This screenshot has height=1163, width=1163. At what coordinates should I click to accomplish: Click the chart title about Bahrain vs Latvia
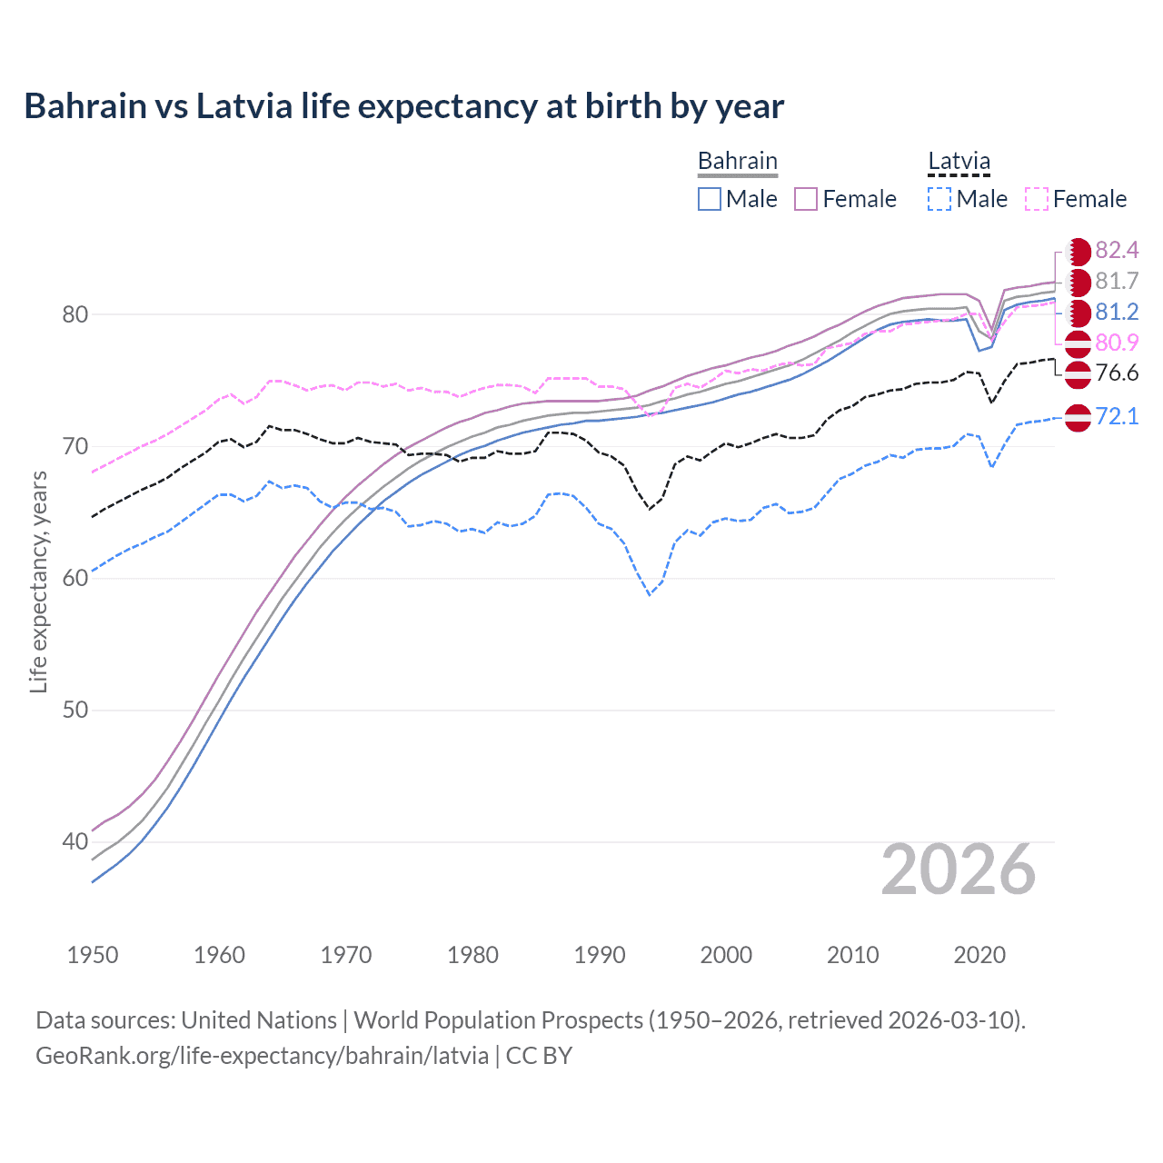(x=403, y=106)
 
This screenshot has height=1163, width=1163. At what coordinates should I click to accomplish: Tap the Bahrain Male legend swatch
(x=710, y=199)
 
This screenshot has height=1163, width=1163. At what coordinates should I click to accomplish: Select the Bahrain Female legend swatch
(x=806, y=199)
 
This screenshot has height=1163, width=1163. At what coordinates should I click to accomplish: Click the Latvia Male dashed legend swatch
(x=939, y=199)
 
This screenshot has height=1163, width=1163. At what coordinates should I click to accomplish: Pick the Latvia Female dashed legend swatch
(x=1037, y=199)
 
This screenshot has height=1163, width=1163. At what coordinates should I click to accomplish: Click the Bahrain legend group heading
(x=737, y=162)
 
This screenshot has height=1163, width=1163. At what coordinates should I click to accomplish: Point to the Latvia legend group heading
(x=959, y=162)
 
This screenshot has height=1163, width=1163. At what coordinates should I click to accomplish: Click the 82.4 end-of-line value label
(x=1117, y=251)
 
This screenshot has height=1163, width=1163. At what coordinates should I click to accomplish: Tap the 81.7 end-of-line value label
(x=1117, y=282)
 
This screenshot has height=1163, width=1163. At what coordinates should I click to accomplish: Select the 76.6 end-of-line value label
(x=1117, y=373)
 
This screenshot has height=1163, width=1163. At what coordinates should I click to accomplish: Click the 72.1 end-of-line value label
(x=1117, y=417)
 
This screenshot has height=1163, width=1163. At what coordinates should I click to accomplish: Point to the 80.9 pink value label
(x=1117, y=343)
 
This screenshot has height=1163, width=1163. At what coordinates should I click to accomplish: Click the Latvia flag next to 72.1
(x=1078, y=418)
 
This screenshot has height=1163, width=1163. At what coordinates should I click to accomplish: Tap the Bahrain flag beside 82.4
(x=1079, y=252)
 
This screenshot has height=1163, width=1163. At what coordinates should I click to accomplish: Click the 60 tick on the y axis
(x=75, y=579)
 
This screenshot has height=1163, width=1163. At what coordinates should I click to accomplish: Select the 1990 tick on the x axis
(x=600, y=955)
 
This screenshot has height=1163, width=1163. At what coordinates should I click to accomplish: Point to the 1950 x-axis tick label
(x=93, y=955)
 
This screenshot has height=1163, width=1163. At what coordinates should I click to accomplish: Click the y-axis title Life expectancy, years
(x=38, y=581)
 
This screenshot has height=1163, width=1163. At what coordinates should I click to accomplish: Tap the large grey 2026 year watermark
(x=959, y=870)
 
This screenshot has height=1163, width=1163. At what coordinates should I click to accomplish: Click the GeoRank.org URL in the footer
(x=262, y=1056)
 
